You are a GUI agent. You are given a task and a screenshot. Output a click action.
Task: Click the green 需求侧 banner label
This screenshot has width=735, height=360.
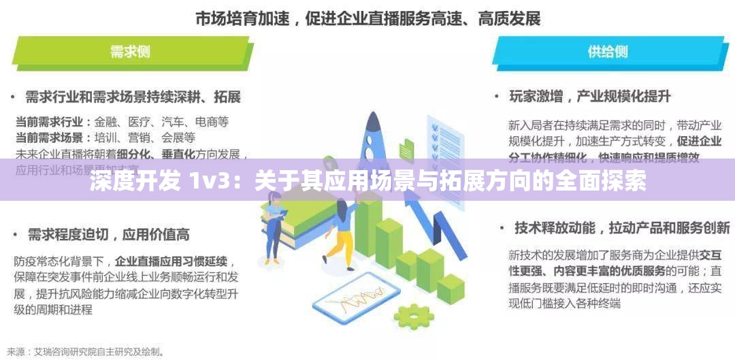[130, 51]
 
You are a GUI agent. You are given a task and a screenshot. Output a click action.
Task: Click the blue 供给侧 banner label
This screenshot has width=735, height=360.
[607, 51]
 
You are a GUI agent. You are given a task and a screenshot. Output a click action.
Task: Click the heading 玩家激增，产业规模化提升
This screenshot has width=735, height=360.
[589, 96]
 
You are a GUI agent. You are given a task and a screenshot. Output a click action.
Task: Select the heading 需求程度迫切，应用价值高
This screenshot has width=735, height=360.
[108, 234]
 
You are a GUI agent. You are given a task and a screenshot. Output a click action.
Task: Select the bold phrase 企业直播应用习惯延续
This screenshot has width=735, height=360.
[172, 261]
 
